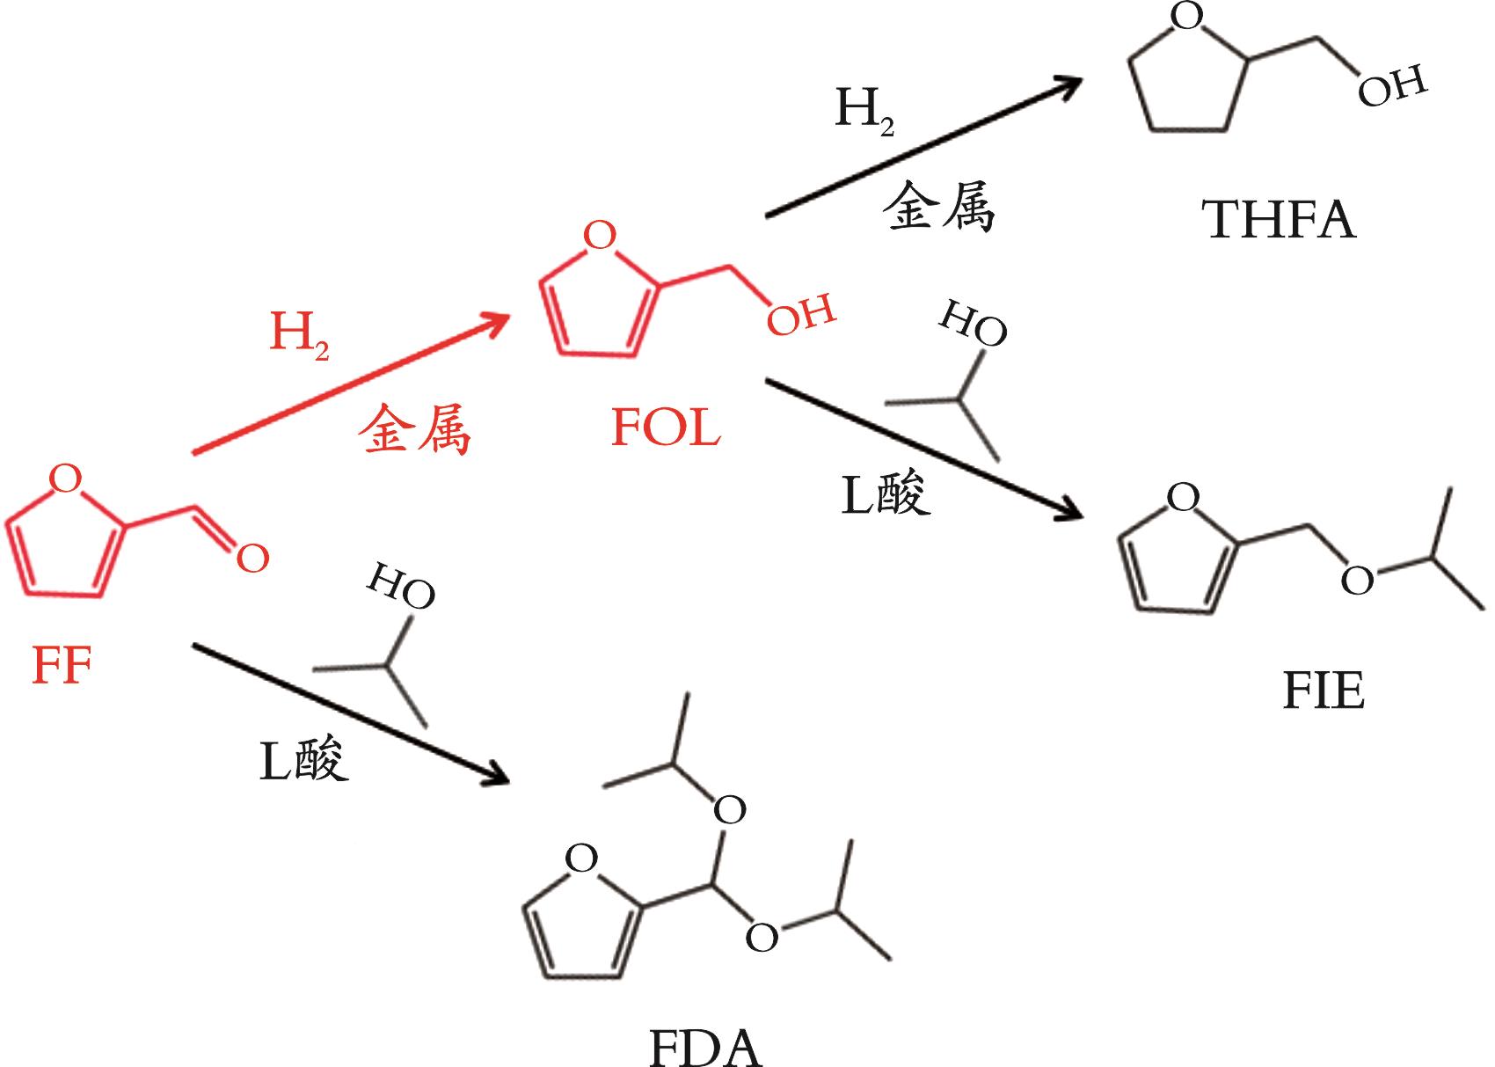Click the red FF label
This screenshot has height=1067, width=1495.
62,667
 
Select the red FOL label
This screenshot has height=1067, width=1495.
666,428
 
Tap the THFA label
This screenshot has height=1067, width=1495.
1280,220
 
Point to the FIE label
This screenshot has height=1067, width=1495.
1324,691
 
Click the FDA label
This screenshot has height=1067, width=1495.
705,1048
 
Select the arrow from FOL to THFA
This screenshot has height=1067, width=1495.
923,147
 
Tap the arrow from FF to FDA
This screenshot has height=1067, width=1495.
352,713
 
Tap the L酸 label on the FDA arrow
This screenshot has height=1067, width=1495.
304,758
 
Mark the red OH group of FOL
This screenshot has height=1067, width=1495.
799,316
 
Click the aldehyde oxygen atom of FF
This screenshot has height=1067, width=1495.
252,558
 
